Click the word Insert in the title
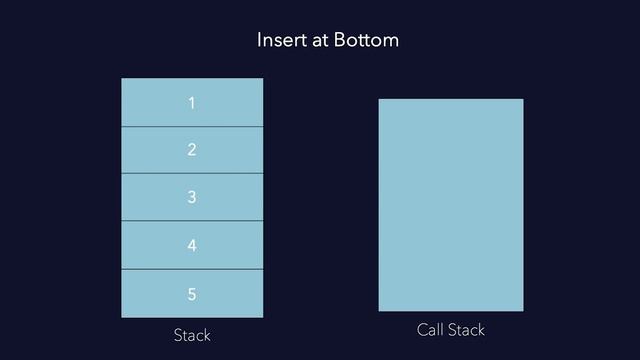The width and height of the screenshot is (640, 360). (x=280, y=41)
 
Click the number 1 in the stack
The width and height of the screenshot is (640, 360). (x=191, y=103)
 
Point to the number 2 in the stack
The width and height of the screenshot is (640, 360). (x=191, y=150)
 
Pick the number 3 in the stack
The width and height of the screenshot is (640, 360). (x=191, y=197)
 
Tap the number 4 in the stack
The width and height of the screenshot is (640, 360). (x=191, y=245)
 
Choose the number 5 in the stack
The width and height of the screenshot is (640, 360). (x=191, y=294)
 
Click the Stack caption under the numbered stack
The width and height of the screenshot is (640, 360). (x=191, y=335)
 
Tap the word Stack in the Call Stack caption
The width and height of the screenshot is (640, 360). (x=466, y=330)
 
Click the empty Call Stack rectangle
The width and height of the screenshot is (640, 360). (x=450, y=205)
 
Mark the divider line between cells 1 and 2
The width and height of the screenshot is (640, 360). (x=192, y=127)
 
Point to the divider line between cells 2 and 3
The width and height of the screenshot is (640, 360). (x=192, y=174)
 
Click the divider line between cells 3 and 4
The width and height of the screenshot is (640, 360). (x=192, y=221)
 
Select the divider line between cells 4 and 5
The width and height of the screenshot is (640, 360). (x=192, y=269)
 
